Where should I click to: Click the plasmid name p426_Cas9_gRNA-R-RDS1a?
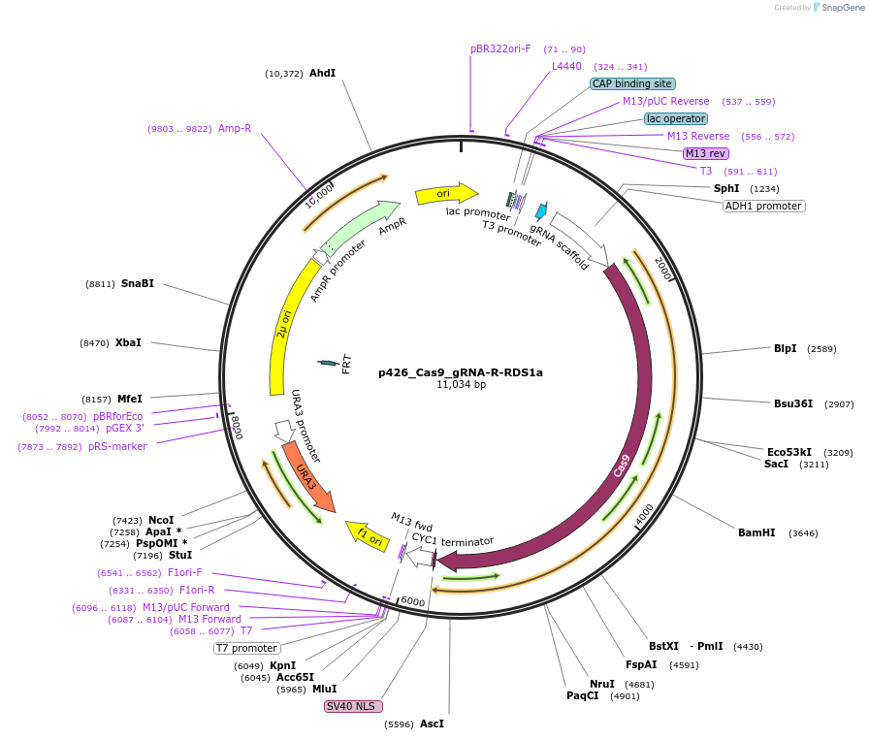point(461,371)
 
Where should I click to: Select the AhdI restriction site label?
point(322,73)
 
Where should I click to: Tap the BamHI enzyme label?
point(756,532)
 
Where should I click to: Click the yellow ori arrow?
point(446,194)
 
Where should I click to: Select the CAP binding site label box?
point(632,84)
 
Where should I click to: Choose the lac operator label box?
point(676,118)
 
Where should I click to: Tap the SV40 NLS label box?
point(354,706)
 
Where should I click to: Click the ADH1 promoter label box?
point(763,206)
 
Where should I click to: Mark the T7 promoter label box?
point(246,648)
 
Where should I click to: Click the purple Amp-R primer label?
point(235,128)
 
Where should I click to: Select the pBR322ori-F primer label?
point(500,48)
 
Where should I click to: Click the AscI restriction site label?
point(432,724)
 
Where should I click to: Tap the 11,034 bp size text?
point(461,385)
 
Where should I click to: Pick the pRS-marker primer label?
point(117,446)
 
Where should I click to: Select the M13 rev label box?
point(705,153)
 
